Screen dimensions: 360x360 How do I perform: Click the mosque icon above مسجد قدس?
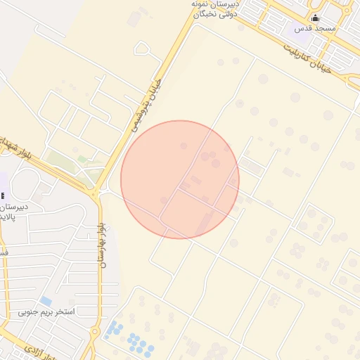(x=315, y=18)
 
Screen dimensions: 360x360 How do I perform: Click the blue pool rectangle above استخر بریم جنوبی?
(x=46, y=301)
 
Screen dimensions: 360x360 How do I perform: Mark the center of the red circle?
(x=180, y=179)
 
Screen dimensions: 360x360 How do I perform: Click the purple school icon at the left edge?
(x=3, y=195)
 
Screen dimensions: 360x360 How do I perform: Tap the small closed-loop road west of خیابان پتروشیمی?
(x=143, y=49)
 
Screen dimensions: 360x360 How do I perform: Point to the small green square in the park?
(x=83, y=160)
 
